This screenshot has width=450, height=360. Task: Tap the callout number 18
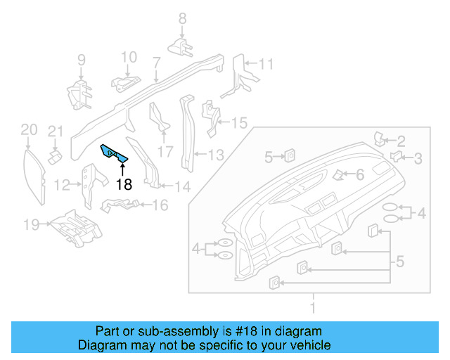coord(124,185)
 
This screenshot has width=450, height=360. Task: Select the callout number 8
coord(181,18)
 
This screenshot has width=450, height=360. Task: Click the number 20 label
coord(28,129)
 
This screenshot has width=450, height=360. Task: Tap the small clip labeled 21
coord(54,153)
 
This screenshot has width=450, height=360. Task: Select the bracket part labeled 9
coord(79,94)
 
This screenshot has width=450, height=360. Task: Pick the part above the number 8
coord(181,46)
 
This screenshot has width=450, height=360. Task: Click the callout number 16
coord(160,205)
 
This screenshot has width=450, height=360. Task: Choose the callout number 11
coord(264,65)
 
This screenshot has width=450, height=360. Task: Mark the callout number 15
coord(239,124)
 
